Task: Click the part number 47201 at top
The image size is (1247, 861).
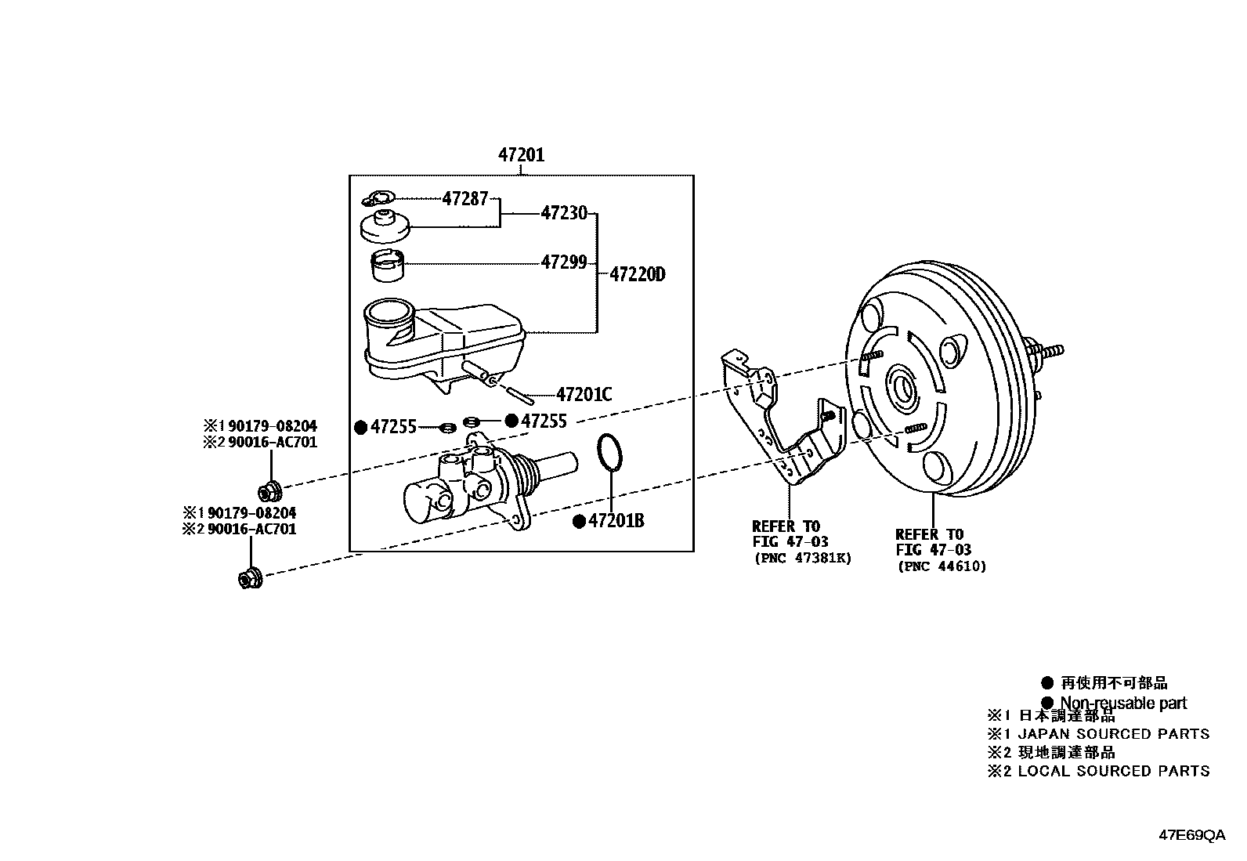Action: click(x=521, y=155)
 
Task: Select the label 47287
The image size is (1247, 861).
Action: click(x=464, y=198)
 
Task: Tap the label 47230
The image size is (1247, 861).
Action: click(x=563, y=212)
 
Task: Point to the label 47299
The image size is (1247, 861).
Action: click(x=563, y=262)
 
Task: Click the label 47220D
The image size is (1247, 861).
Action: click(x=637, y=274)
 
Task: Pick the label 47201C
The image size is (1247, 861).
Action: click(x=584, y=395)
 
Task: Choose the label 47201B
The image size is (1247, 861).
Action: click(x=616, y=521)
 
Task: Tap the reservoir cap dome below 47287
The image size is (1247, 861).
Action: click(x=383, y=228)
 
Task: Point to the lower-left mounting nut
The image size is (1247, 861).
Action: click(x=249, y=579)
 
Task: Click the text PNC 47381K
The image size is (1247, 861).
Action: click(x=801, y=558)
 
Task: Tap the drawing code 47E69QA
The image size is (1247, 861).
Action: click(x=1192, y=835)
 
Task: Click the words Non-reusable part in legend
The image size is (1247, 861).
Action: click(x=1123, y=703)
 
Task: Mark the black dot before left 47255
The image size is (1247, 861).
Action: click(x=361, y=427)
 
